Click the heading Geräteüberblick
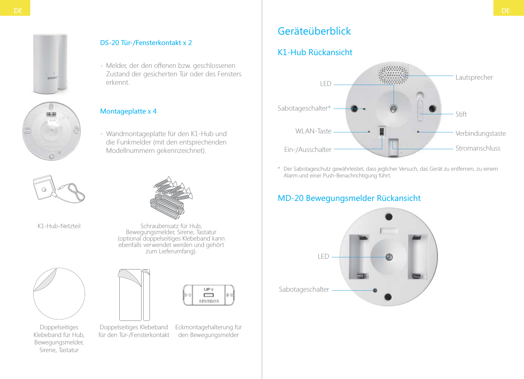(314, 31)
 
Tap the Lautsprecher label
(474, 77)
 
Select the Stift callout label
(461, 114)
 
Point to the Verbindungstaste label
(480, 133)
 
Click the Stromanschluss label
(478, 148)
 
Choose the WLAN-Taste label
(313, 131)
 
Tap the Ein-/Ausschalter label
(308, 150)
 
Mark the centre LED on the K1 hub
(393, 109)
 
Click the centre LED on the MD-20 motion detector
(389, 257)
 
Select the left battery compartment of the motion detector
(359, 257)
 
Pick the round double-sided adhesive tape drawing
(59, 294)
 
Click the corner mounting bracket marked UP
(208, 295)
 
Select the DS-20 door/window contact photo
(50, 64)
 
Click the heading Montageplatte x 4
(128, 111)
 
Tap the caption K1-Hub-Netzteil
(59, 226)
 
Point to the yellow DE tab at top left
(15, 8)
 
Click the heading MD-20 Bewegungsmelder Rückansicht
(349, 198)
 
